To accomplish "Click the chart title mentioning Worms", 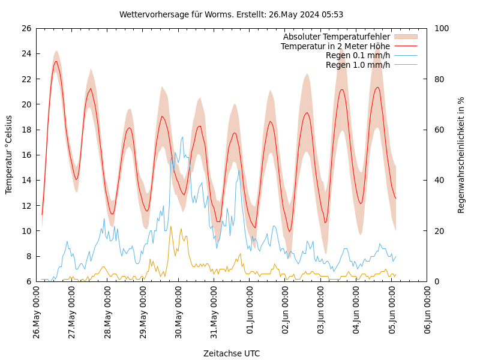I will coord(231,14).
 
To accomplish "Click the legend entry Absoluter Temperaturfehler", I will coord(336,37).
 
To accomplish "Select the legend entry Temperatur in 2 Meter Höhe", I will coord(335,46).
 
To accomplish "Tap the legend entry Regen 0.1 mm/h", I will coord(358,55).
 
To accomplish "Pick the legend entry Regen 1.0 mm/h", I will coord(358,65).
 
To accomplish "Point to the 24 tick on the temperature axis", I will coord(26,53).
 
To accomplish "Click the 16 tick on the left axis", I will coord(26,155).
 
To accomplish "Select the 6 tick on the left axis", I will coord(28,281).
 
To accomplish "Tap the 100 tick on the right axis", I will coord(441,28).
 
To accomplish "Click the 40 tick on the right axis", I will coord(439,180).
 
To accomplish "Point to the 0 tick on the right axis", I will coord(436,281).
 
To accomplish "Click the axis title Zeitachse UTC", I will coord(232,353).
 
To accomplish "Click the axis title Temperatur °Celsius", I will coord(9,155).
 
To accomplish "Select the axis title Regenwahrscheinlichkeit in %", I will coord(461,155).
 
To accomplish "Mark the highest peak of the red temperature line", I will coord(56,61).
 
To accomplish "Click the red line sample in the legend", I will coord(405,46).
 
